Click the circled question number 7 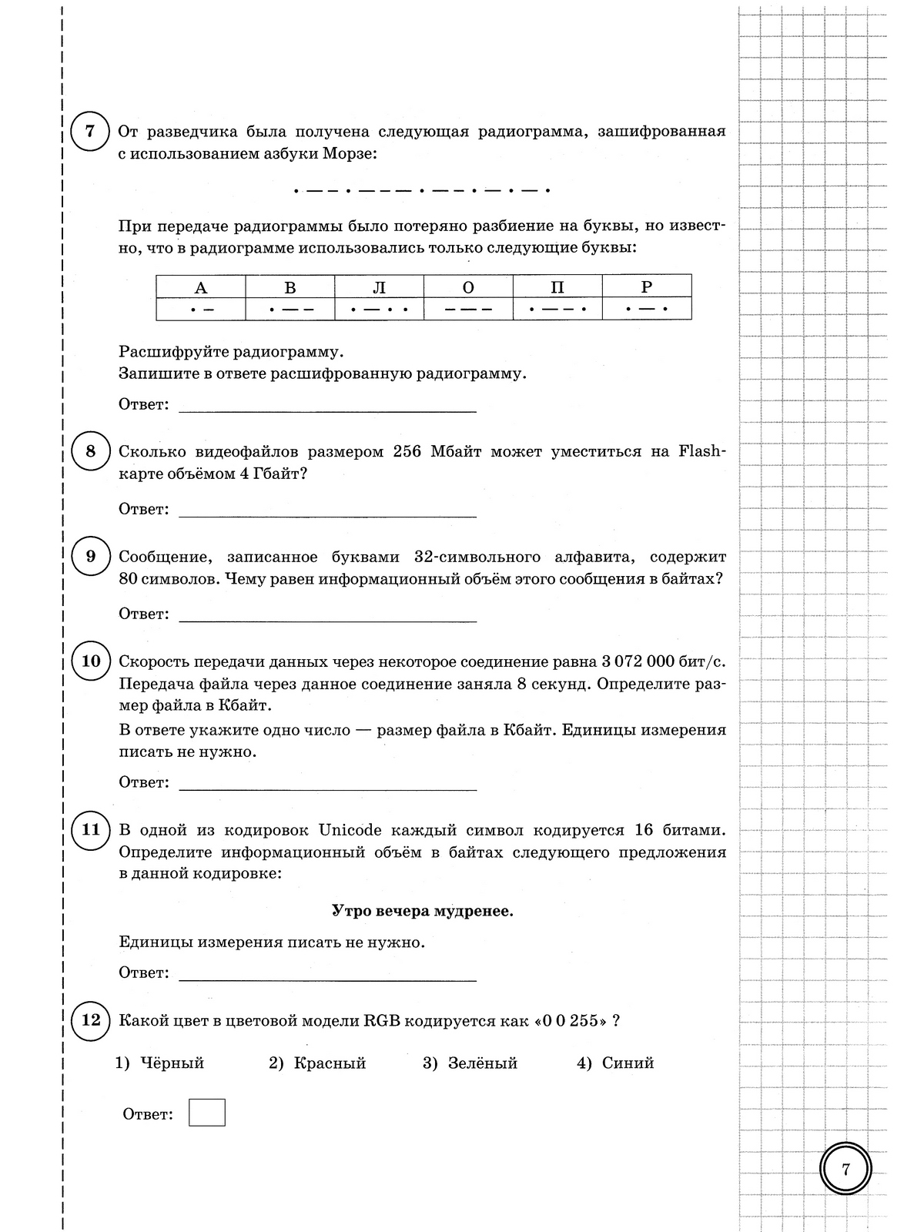90,132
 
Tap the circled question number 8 90,451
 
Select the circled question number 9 90,556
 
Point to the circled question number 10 90,661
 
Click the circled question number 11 90,830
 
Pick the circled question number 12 90,1020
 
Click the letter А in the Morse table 201,288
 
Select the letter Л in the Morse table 379,288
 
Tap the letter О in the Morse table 468,288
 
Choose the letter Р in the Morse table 647,287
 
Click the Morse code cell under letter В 290,310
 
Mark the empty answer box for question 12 207,1113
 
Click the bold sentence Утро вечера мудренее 422,912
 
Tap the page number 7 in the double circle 845,1169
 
